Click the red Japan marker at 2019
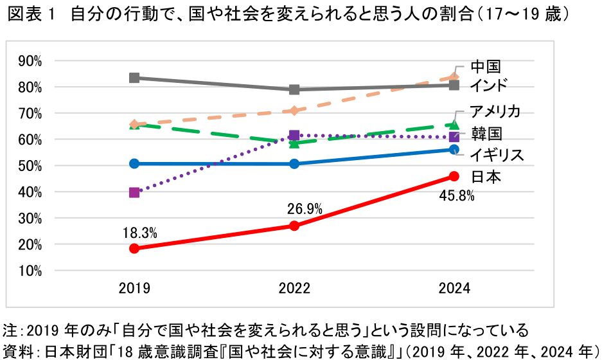134,248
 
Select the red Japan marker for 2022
294,226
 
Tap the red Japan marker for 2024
454,176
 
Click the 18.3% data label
140,232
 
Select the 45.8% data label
457,196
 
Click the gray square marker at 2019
134,78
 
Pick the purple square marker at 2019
134,192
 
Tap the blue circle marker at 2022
294,164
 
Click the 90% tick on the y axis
30,61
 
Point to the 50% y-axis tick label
30,166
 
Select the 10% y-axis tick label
30,271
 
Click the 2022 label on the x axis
294,289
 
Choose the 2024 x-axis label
454,289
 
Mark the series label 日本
485,177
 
